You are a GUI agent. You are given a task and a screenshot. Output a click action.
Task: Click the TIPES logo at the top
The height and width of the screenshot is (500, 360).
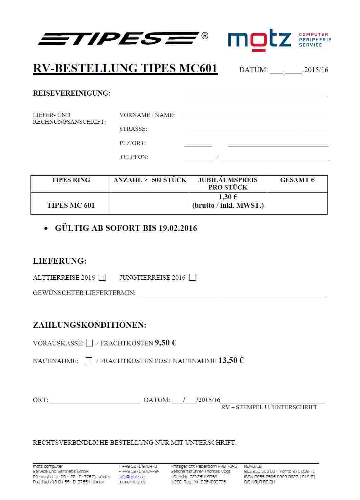point(119,38)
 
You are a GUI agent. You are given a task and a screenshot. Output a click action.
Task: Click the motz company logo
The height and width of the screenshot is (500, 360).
point(259,40)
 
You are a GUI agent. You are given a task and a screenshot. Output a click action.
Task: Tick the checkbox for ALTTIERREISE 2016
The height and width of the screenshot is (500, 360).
point(102,278)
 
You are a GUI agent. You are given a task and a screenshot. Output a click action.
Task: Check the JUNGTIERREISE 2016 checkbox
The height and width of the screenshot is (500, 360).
point(193,278)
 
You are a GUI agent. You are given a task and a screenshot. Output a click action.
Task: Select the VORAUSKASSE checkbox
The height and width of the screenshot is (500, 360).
point(89,343)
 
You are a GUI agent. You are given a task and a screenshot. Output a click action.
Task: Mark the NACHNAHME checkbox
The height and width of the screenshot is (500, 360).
point(89,361)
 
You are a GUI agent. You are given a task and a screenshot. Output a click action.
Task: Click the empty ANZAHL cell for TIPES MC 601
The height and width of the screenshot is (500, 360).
point(150,203)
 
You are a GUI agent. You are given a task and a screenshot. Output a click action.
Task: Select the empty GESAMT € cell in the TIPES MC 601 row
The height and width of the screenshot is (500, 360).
point(297,203)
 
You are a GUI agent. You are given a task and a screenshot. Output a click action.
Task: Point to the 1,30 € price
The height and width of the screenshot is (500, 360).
point(228,197)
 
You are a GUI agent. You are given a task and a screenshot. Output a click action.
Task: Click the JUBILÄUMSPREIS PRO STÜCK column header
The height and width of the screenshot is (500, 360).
point(228,183)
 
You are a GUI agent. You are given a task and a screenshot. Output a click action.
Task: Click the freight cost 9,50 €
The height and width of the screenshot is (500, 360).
point(165,343)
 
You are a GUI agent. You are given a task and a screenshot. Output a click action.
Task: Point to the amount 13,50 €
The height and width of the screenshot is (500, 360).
point(231,360)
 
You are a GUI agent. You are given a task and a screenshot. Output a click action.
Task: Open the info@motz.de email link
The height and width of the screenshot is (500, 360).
point(132,477)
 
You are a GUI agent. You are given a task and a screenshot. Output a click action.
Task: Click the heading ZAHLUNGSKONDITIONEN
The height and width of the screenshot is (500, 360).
point(89,325)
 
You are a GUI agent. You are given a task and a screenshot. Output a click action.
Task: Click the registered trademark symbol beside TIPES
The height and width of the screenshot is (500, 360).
point(205,36)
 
